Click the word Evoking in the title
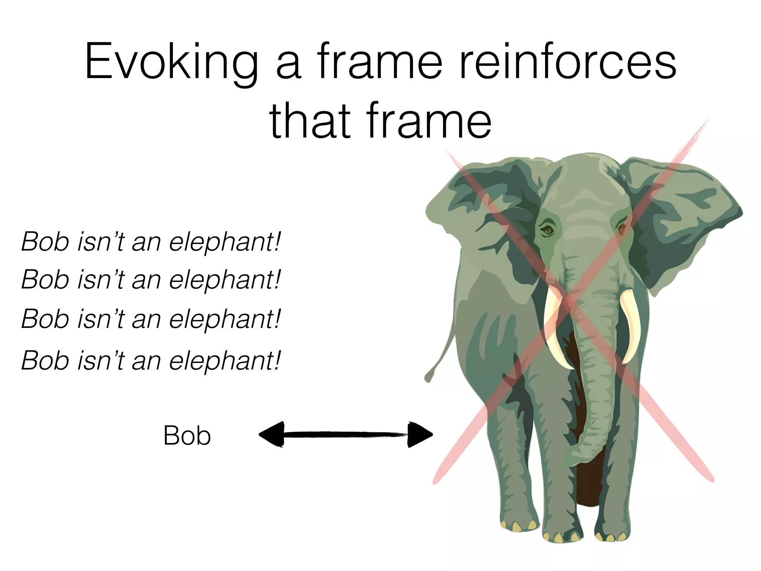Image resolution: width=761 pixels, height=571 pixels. pos(171,61)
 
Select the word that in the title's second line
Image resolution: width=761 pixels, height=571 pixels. pos(310,121)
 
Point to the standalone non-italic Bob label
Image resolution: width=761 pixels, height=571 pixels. pos(187,436)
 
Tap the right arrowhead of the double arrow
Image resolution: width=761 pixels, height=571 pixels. pos(420,434)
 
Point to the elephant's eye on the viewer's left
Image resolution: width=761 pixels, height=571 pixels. pos(547,230)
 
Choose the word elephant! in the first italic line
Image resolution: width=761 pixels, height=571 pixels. pos(225,242)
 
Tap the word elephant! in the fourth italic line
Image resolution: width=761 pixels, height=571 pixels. pos(225,361)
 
